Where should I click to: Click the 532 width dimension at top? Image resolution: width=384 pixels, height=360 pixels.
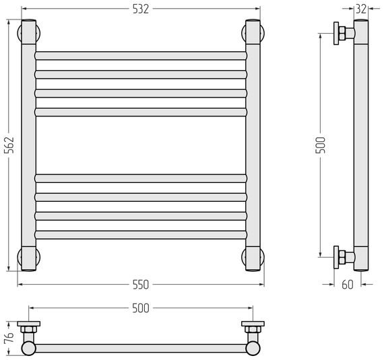click(x=141, y=9)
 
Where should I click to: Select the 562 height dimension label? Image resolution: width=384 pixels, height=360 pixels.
click(x=9, y=145)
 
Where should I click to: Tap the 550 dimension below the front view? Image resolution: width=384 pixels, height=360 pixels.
click(x=141, y=285)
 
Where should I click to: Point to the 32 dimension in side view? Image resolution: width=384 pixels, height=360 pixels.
click(x=360, y=9)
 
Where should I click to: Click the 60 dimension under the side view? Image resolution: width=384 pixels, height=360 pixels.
click(x=348, y=285)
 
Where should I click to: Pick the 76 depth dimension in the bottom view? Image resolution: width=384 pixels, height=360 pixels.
click(x=9, y=338)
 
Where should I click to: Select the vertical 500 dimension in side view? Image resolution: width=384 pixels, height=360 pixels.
click(x=320, y=145)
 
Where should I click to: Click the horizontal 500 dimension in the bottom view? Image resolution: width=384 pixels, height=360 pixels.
click(x=141, y=308)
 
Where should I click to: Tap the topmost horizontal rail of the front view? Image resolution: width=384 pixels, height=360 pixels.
click(x=141, y=56)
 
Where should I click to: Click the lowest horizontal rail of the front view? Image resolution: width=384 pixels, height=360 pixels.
click(x=141, y=235)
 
